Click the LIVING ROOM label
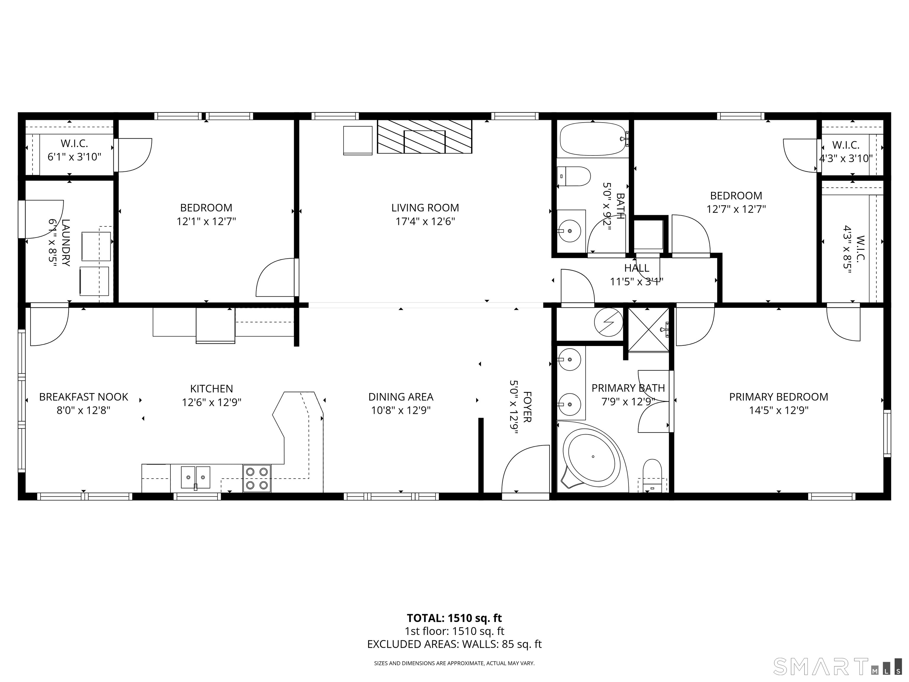(425, 208)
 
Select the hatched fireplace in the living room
(425, 136)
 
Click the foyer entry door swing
(526, 470)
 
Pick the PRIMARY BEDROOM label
(778, 397)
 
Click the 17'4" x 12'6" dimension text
(425, 222)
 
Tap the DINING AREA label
(401, 397)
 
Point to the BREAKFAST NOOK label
(83, 397)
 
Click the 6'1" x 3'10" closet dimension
(74, 157)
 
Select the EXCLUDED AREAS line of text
(454, 644)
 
